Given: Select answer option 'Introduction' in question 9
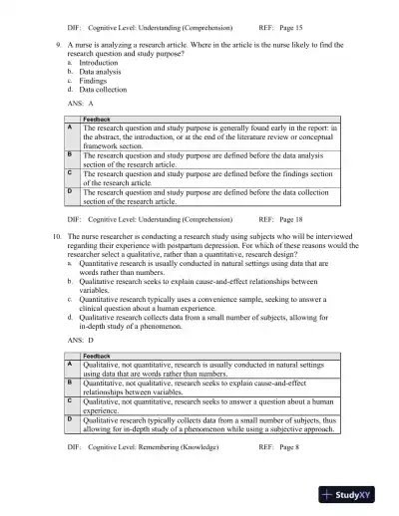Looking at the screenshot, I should pyautogui.click(x=99, y=63).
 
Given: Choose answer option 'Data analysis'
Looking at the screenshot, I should pyautogui.click(x=101, y=72).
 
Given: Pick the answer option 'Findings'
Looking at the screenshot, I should pyautogui.click(x=94, y=81).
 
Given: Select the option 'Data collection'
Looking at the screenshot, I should pyautogui.click(x=103, y=90).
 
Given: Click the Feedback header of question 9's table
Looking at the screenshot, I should pyautogui.click(x=97, y=120).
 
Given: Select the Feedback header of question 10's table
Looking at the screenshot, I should pyautogui.click(x=97, y=356).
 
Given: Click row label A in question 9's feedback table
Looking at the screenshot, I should pyautogui.click(x=70, y=129).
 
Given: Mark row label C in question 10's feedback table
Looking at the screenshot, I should pyautogui.click(x=70, y=399).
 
